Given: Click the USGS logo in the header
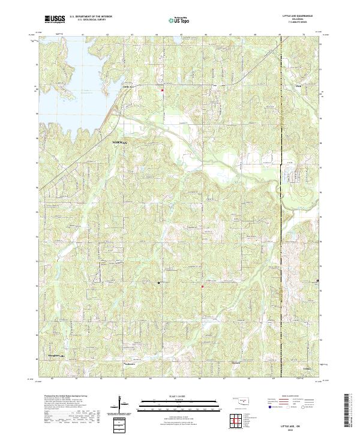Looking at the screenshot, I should pyautogui.click(x=55, y=19).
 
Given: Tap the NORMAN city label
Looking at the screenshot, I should pyautogui.click(x=121, y=142).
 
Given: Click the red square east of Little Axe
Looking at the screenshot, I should pyautogui.click(x=162, y=91).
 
